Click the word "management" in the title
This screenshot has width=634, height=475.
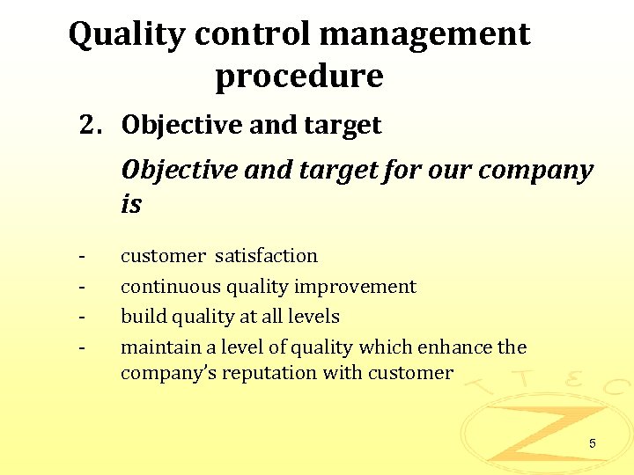point(425,34)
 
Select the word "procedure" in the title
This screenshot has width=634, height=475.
point(299,77)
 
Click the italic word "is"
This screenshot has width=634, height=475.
point(131,205)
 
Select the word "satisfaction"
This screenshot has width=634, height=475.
point(266,256)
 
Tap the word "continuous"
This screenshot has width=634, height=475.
point(171,287)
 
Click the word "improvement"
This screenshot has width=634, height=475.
point(355,287)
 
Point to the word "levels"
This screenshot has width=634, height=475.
point(312,317)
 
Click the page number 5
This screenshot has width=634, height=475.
point(593,444)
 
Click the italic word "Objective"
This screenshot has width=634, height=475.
point(180,170)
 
